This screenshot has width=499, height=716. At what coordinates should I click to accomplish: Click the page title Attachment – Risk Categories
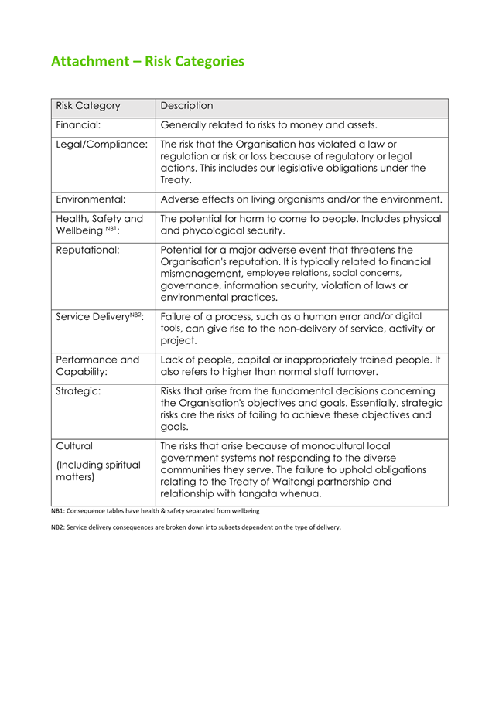click(x=147, y=60)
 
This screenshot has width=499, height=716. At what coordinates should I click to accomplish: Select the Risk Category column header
click(x=88, y=106)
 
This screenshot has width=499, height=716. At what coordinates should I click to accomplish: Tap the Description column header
click(x=186, y=106)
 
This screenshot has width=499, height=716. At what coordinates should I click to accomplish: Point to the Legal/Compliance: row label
click(x=101, y=145)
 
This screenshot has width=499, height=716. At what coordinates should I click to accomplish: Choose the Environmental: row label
click(x=91, y=199)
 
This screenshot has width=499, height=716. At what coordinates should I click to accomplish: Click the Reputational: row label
click(x=87, y=250)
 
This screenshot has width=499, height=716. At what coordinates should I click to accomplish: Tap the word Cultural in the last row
click(x=75, y=446)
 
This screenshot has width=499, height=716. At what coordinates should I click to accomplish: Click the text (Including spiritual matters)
click(x=98, y=471)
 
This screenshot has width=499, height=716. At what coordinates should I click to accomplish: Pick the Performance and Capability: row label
click(x=97, y=366)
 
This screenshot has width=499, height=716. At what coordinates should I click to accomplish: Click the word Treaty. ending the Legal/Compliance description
click(x=175, y=179)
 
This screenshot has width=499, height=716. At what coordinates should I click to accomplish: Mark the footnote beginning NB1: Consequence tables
click(x=155, y=511)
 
